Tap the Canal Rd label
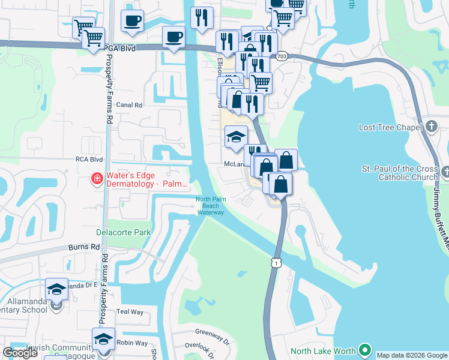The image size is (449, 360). pyautogui.click(x=129, y=104)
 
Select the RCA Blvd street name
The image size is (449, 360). pyautogui.click(x=88, y=160)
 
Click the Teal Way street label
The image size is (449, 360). pyautogui.click(x=130, y=312)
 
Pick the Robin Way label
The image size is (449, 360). pyautogui.click(x=132, y=343)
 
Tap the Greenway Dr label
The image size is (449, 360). pyautogui.click(x=212, y=332)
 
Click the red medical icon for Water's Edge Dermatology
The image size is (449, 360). pyautogui.click(x=96, y=178)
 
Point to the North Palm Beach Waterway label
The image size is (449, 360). pyautogui.click(x=210, y=206)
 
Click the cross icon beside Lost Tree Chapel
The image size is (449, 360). pyautogui.click(x=432, y=127)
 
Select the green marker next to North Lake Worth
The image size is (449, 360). pyautogui.click(x=364, y=350)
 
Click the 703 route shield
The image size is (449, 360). pyautogui.click(x=282, y=56)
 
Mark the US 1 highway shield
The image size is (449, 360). pyautogui.click(x=274, y=263)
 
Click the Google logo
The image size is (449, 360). pyautogui.click(x=20, y=353)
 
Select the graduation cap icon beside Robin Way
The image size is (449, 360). pyautogui.click(x=103, y=339)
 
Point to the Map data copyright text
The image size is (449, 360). pyautogui.click(x=412, y=355)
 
